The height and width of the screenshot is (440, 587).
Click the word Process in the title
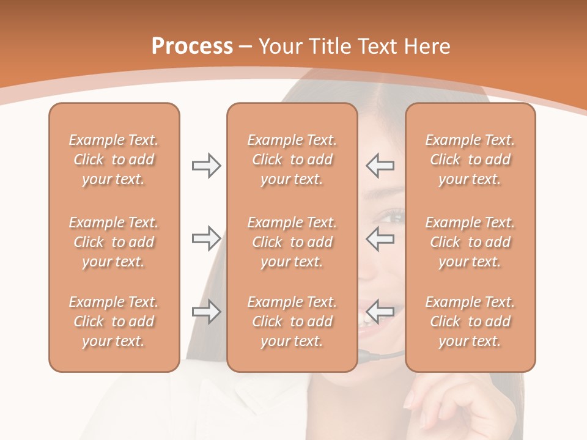pos(192,46)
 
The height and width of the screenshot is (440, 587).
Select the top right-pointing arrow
pos(206,166)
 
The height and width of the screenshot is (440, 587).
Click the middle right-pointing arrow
pos(206,238)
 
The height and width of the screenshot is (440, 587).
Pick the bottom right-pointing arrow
pos(206,311)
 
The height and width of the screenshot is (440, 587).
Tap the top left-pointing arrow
pos(380,166)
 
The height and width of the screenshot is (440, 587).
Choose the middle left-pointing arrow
pos(380,238)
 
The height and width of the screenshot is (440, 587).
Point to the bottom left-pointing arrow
pos(380,311)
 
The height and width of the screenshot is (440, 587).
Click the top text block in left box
pos(114,159)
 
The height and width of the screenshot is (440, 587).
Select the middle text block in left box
pos(114,242)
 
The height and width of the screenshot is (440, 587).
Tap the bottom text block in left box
pos(114,321)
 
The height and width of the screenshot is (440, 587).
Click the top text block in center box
pos(292,159)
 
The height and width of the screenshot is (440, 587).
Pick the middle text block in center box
pos(292,242)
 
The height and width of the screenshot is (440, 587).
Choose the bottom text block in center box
pos(292,321)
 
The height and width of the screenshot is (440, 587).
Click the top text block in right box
pos(470,159)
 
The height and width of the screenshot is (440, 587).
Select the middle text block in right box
pos(470,242)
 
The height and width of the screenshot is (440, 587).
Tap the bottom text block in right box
pos(470,321)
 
